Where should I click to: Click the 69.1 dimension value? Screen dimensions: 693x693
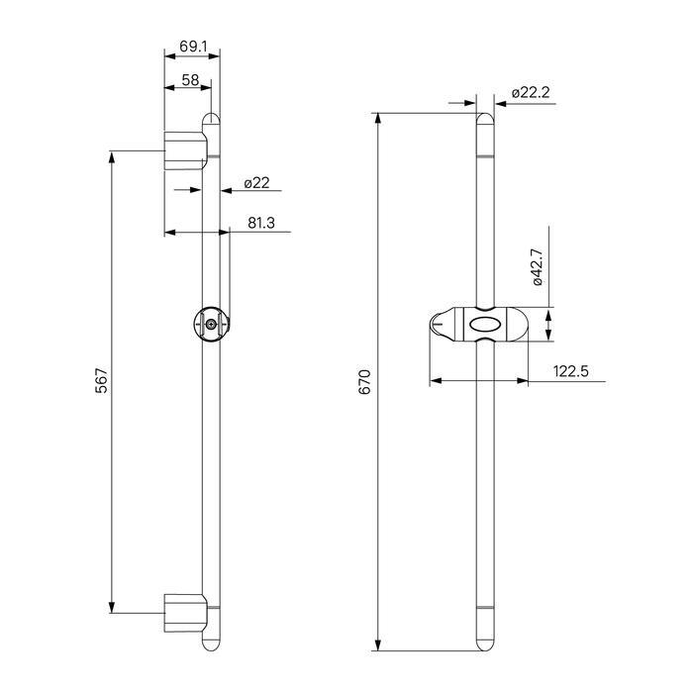tap(193, 46)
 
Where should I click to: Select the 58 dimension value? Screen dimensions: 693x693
tap(190, 80)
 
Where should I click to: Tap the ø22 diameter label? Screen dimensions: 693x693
tap(256, 182)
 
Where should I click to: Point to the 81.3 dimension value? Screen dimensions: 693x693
tap(261, 223)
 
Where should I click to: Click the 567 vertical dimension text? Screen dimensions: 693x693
tap(102, 380)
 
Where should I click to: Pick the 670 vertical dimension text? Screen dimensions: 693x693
tap(364, 382)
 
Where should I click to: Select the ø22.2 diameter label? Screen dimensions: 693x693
tap(531, 93)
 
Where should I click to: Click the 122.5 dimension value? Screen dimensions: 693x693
tap(570, 371)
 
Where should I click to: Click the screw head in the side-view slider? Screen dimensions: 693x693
tap(212, 324)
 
